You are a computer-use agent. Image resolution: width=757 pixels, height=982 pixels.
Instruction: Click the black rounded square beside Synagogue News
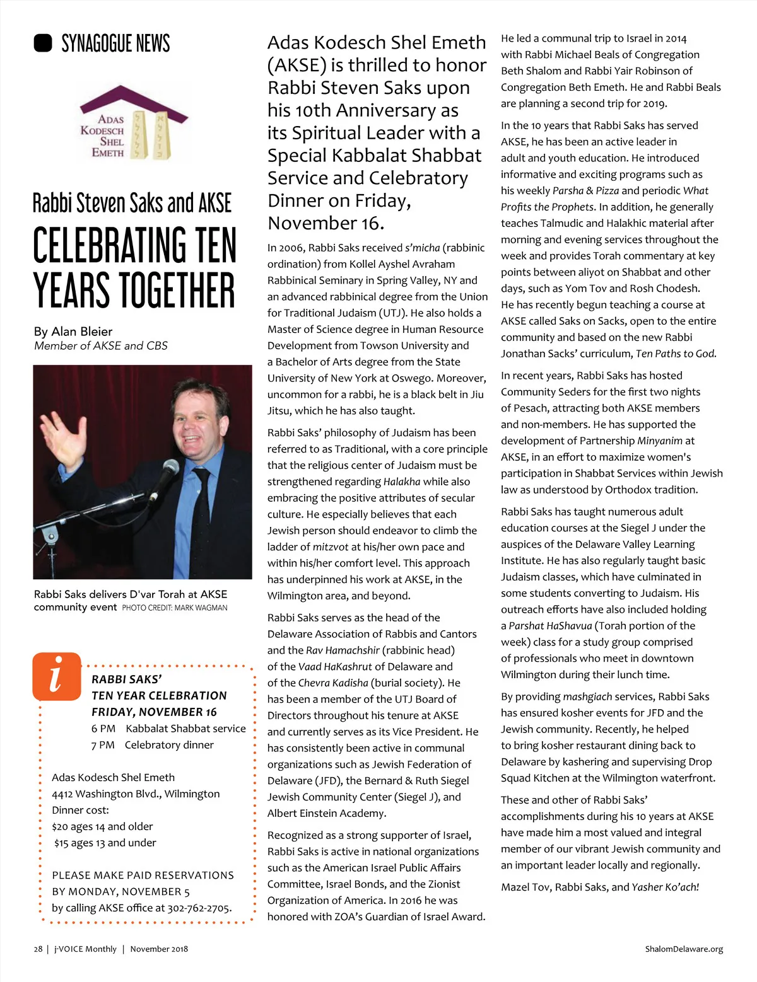point(43,43)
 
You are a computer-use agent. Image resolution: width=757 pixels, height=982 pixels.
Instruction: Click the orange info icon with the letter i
point(57,676)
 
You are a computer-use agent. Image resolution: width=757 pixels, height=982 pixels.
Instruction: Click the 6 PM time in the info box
point(103,729)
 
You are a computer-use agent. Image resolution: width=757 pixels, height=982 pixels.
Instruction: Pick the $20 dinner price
point(61,826)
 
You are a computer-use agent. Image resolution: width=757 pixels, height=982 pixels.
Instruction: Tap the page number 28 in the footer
point(38,949)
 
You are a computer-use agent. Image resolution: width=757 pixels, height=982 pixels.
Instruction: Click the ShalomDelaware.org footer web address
point(684,949)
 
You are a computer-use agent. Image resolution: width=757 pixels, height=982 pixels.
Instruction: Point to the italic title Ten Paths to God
point(676,354)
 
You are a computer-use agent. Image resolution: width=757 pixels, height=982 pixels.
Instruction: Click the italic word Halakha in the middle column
point(401,482)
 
